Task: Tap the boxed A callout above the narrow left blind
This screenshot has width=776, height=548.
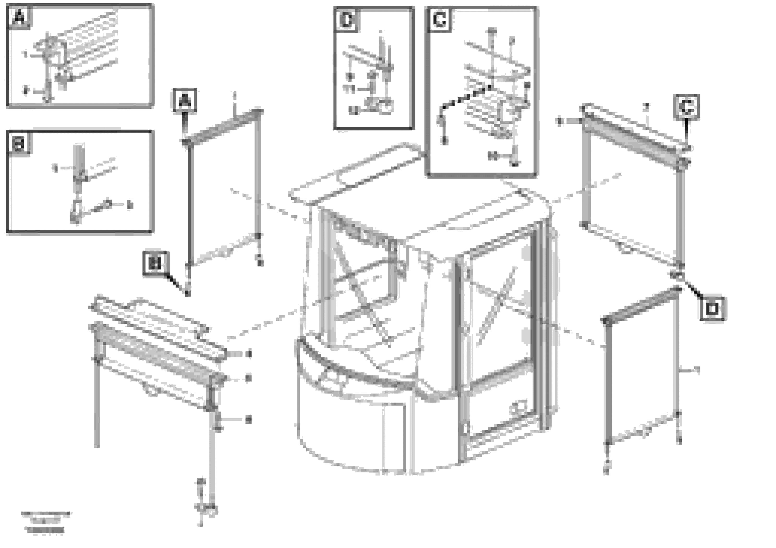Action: (185, 100)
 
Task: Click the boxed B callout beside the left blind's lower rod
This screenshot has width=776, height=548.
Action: (155, 264)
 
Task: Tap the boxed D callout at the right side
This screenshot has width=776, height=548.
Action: (712, 308)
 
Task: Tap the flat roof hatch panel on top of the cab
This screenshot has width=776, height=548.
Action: (355, 174)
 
